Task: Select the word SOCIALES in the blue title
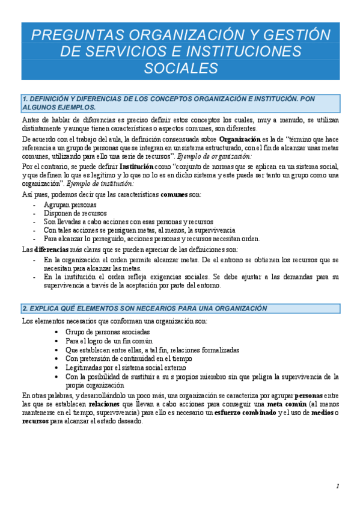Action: pos(180,68)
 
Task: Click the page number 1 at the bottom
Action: pos(338,487)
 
